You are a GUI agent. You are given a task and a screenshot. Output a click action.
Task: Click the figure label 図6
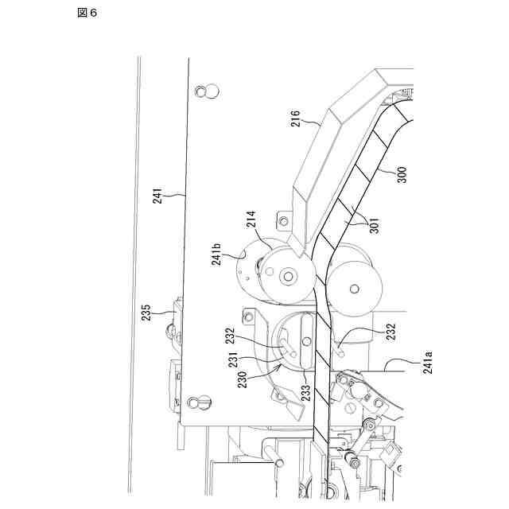pos(87,14)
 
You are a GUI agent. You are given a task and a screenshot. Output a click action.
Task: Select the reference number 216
pos(294,119)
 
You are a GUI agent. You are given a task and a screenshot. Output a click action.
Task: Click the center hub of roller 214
pos(287,277)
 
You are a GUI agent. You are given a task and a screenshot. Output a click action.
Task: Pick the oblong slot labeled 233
pos(306,341)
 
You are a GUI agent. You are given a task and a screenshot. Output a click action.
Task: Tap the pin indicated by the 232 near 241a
pos(340,346)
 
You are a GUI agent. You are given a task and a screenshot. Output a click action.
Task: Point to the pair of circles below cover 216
pos(208,91)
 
